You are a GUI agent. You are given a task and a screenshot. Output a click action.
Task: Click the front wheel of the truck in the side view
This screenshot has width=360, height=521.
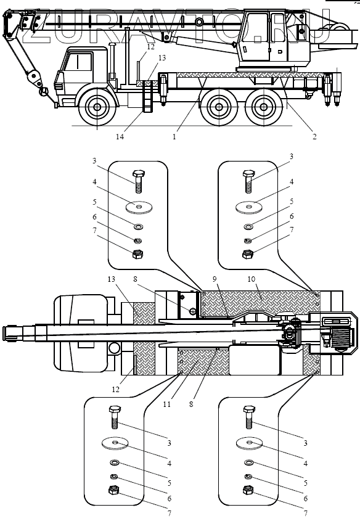(97, 107)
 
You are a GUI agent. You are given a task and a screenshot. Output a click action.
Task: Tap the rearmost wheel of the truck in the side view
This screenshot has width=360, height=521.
(263, 107)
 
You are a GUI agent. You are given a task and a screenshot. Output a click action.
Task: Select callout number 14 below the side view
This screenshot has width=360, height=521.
(120, 136)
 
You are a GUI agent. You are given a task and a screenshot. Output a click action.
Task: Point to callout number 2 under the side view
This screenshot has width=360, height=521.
(314, 136)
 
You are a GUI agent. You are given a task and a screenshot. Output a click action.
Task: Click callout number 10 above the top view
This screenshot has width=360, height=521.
(252, 279)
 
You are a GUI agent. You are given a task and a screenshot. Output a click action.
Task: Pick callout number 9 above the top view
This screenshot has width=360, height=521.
(215, 279)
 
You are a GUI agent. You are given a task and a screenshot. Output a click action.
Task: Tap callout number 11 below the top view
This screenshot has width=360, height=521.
(166, 404)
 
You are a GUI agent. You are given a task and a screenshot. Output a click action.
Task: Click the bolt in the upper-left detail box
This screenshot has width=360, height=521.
(139, 181)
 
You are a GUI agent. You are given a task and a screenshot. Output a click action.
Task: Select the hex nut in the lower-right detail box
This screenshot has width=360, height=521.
(247, 490)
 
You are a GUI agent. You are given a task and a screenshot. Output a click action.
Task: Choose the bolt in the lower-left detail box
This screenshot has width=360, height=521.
(114, 417)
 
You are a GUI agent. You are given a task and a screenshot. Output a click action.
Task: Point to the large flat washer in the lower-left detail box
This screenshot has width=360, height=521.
(115, 443)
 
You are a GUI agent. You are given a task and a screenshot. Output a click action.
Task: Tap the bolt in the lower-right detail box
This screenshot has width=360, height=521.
(249, 417)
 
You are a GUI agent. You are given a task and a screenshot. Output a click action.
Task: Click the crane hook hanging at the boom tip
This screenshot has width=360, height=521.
(44, 91)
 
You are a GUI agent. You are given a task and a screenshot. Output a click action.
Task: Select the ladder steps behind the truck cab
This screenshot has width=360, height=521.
(147, 96)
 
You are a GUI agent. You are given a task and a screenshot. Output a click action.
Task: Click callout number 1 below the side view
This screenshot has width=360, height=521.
(174, 136)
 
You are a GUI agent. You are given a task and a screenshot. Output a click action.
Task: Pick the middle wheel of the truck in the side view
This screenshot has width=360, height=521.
(218, 107)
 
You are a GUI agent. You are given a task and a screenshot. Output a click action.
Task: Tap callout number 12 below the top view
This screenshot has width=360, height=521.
(115, 389)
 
